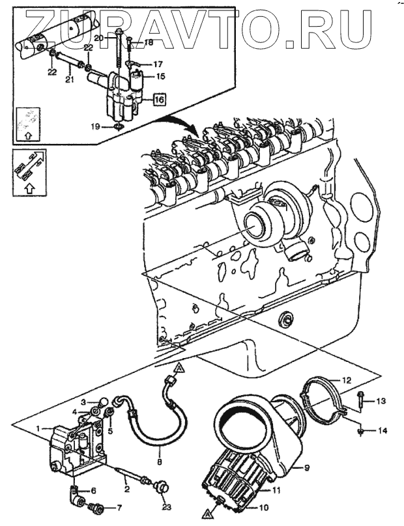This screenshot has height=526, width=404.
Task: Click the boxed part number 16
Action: (x=160, y=100)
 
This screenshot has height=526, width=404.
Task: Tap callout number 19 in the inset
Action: (x=95, y=126)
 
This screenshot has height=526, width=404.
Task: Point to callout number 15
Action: (x=161, y=76)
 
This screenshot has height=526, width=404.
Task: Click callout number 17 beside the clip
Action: (x=158, y=64)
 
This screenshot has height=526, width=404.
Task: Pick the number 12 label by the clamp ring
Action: (x=347, y=380)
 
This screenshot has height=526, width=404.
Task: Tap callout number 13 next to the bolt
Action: (x=381, y=401)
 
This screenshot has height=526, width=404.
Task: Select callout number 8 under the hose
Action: (x=159, y=462)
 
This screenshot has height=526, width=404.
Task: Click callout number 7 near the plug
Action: (x=119, y=508)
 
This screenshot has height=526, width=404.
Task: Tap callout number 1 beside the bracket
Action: (x=38, y=428)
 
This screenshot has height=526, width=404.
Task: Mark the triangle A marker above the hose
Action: (x=180, y=369)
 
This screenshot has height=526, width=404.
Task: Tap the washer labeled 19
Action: (x=119, y=126)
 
